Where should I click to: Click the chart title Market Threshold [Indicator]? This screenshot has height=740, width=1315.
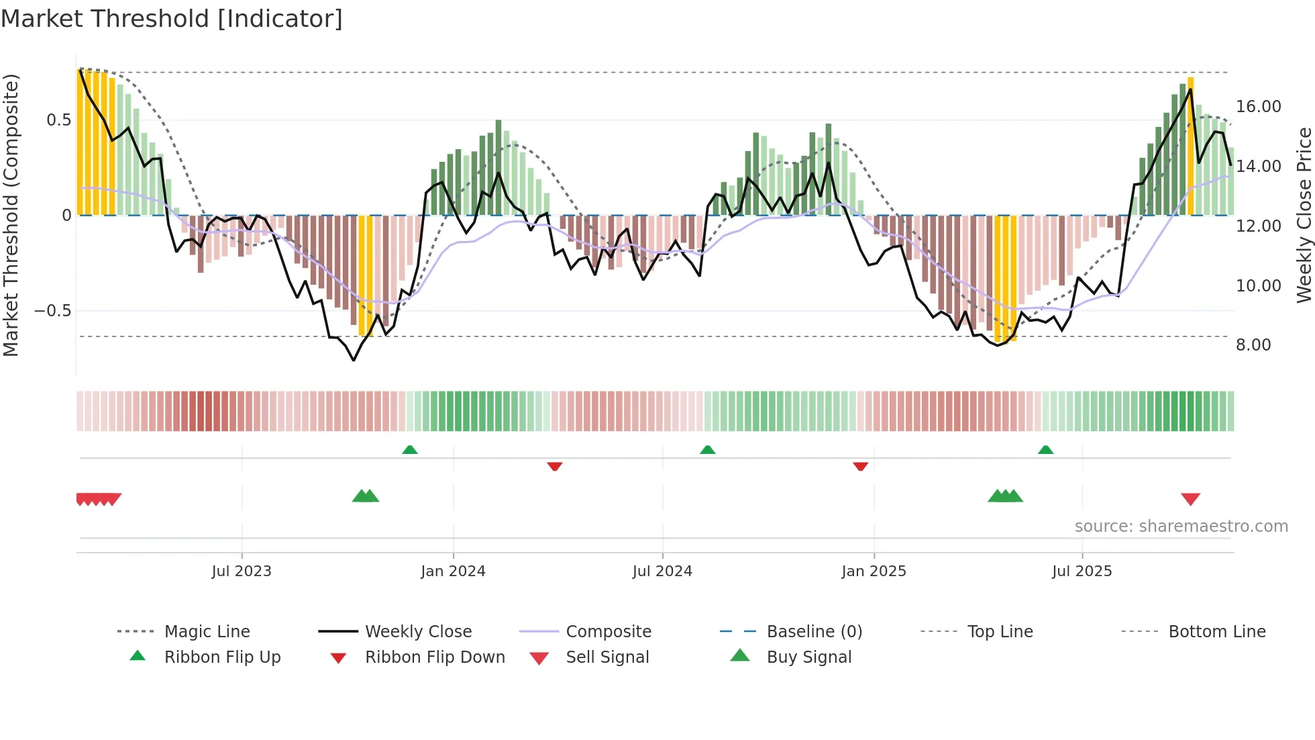click(x=172, y=19)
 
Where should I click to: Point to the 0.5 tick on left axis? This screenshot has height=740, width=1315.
click(x=58, y=120)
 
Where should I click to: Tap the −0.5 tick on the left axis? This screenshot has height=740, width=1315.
click(x=53, y=311)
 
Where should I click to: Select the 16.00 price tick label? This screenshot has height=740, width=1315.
click(x=1258, y=107)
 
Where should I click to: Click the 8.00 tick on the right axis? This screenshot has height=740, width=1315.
click(x=1253, y=345)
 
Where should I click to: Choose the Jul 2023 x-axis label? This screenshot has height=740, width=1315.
click(x=242, y=571)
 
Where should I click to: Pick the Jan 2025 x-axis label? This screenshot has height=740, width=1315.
click(x=874, y=571)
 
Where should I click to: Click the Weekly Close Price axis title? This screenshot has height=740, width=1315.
click(x=1304, y=215)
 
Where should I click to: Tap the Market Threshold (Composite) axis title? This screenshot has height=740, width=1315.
click(x=11, y=215)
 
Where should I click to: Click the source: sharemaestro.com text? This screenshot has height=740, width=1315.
click(x=1181, y=526)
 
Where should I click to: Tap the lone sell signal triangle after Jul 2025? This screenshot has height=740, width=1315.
click(x=1190, y=499)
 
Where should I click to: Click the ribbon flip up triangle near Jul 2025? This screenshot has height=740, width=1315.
click(x=1045, y=450)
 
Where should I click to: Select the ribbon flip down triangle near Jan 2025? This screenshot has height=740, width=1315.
click(x=860, y=466)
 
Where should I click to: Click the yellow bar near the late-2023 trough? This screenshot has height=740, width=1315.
click(x=366, y=275)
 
